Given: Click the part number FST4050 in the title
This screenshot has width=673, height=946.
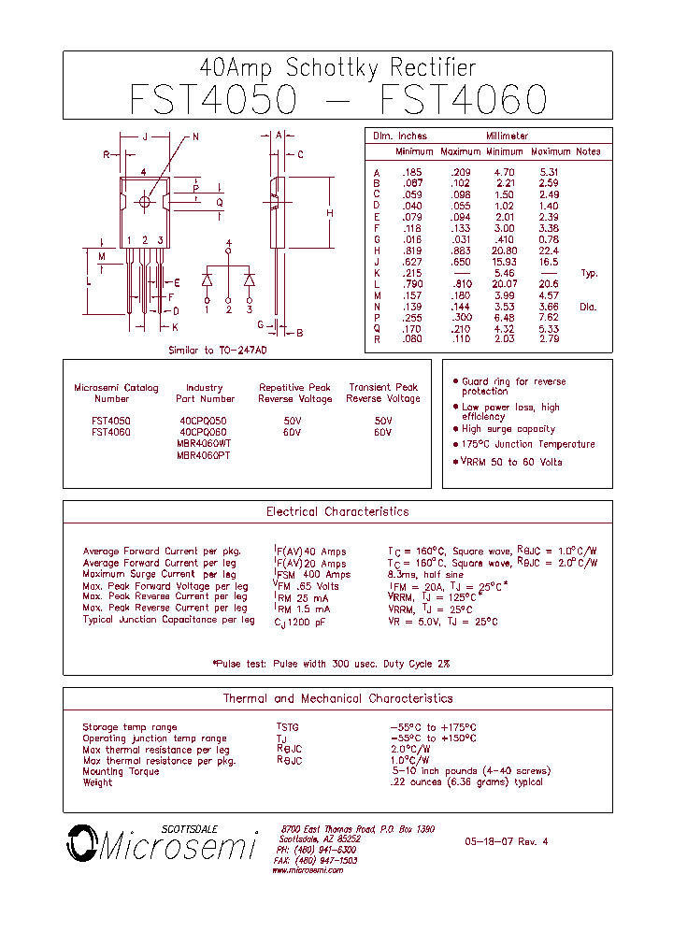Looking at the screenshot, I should click(x=213, y=99).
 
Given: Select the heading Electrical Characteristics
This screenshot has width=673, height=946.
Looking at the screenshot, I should click(x=337, y=512).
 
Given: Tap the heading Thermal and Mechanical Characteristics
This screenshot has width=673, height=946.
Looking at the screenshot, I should click(x=337, y=698).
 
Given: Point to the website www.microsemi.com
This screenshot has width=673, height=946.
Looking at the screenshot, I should click(x=308, y=870).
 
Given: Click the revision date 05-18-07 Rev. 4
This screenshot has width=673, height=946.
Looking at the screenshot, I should click(x=506, y=841).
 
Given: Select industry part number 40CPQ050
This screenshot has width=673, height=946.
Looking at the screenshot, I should click(x=203, y=422).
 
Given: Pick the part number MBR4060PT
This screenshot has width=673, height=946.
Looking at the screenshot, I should click(x=203, y=455).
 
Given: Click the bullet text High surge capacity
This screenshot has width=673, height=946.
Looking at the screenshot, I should click(x=508, y=429).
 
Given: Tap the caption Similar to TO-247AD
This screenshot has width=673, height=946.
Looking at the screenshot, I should click(x=217, y=350).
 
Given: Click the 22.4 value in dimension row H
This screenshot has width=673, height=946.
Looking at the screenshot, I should click(x=549, y=251).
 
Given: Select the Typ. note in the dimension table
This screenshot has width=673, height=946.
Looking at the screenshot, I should click(x=589, y=273).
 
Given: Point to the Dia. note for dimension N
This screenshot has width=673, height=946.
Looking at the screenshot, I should click(x=587, y=307).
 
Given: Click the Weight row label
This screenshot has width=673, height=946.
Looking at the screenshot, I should click(x=97, y=782).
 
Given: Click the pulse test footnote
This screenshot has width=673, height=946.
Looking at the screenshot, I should click(x=331, y=664).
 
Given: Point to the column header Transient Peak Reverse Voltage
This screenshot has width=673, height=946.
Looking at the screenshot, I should click(x=382, y=393).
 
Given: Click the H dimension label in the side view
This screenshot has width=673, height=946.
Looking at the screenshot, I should click(x=329, y=213).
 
